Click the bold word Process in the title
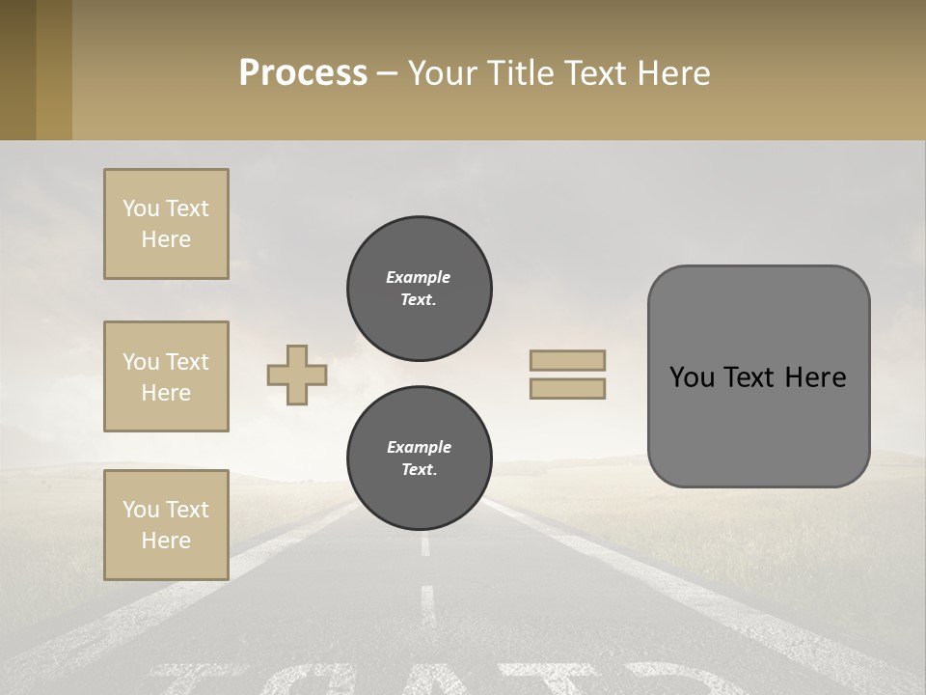[x=303, y=72]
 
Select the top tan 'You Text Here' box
[x=166, y=224]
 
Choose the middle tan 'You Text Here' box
[x=166, y=376]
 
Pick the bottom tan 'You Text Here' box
[x=166, y=525]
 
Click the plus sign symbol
[x=297, y=375]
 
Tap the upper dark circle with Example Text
[x=419, y=289]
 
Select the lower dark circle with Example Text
[x=419, y=459]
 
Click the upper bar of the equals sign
[x=568, y=360]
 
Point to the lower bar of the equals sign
[x=568, y=388]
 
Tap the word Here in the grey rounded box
[x=815, y=377]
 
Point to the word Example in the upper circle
[x=419, y=277]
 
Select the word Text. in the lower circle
[x=419, y=470]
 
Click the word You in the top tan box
[x=141, y=208]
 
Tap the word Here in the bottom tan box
[x=166, y=541]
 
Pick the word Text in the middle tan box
[x=188, y=362]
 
